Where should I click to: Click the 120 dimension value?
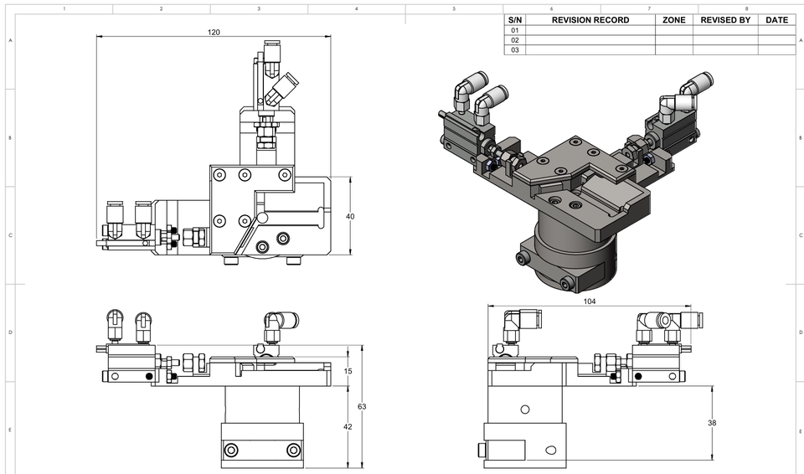pyautogui.click(x=214, y=32)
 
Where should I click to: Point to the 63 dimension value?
pyautogui.click(x=362, y=406)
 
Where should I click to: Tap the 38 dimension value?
pyautogui.click(x=712, y=423)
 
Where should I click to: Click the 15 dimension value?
pyautogui.click(x=348, y=371)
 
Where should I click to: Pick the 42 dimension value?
pyautogui.click(x=348, y=427)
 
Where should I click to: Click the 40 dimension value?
pyautogui.click(x=350, y=216)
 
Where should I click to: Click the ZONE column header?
pyautogui.click(x=674, y=20)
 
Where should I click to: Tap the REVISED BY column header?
pyautogui.click(x=725, y=20)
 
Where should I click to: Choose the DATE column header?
pyautogui.click(x=776, y=20)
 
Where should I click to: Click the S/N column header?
pyautogui.click(x=515, y=20)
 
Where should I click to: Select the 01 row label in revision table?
pyautogui.click(x=515, y=30)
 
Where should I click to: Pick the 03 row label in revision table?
pyautogui.click(x=515, y=50)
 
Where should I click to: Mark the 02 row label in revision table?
pyautogui.click(x=515, y=40)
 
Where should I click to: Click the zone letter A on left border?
pyautogui.click(x=10, y=40)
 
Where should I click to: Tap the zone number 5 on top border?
pyautogui.click(x=454, y=9)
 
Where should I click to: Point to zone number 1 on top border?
pyautogui.click(x=64, y=9)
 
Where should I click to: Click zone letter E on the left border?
pyautogui.click(x=10, y=430)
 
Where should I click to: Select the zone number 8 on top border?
pyautogui.click(x=734, y=9)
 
